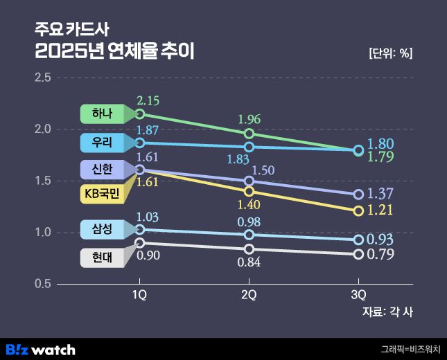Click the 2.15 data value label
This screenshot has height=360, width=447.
[149, 100]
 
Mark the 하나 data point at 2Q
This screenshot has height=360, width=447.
[249, 134]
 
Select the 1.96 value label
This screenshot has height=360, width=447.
[249, 118]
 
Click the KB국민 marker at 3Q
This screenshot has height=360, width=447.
[358, 210]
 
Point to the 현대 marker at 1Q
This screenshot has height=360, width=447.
[140, 243]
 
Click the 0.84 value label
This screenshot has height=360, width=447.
[249, 263]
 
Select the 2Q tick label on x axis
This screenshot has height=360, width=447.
[249, 295]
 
